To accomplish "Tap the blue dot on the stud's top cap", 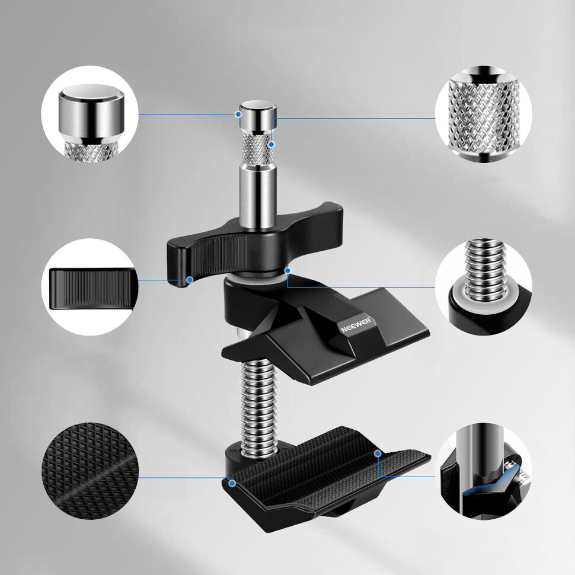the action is point(238,114).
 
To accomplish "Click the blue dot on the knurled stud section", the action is point(271,145).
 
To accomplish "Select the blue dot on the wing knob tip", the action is point(190,280).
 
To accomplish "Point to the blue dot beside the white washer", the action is point(288,271).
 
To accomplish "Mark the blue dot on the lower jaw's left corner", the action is point(232,483).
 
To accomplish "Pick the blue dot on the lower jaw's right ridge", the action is point(378,453).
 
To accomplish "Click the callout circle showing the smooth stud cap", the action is point(90,115).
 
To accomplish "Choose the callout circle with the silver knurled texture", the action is point(484,115).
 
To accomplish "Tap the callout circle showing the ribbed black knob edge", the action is point(90,287).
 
